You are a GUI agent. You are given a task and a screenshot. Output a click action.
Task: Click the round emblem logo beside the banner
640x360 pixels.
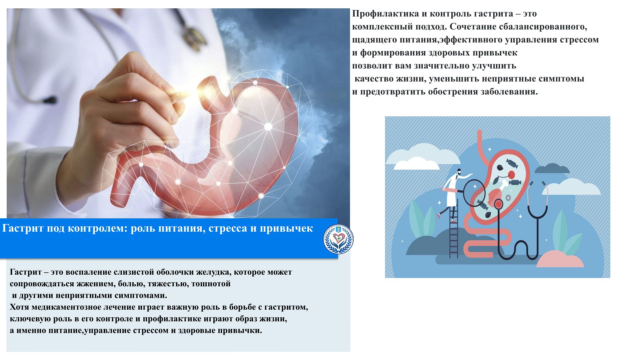pos(338,239)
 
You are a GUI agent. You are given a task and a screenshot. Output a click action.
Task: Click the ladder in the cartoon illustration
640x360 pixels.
pos(454,230)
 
